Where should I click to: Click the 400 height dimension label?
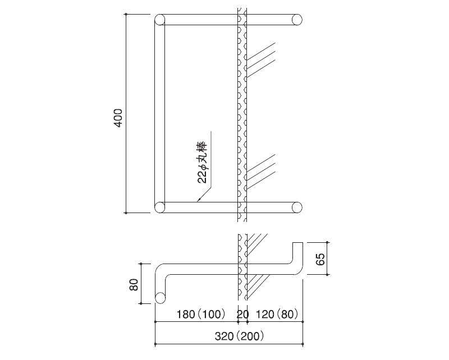click(118, 118)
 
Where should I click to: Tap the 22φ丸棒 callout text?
click(202, 161)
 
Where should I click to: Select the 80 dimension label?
click(134, 284)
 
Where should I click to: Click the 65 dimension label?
click(320, 259)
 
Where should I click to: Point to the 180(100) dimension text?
click(201, 314)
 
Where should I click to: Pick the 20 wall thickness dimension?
click(242, 314)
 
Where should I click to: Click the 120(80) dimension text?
click(277, 314)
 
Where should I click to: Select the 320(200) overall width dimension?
click(239, 336)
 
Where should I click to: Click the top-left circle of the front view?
click(160, 20)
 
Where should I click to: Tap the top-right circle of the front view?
click(297, 20)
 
